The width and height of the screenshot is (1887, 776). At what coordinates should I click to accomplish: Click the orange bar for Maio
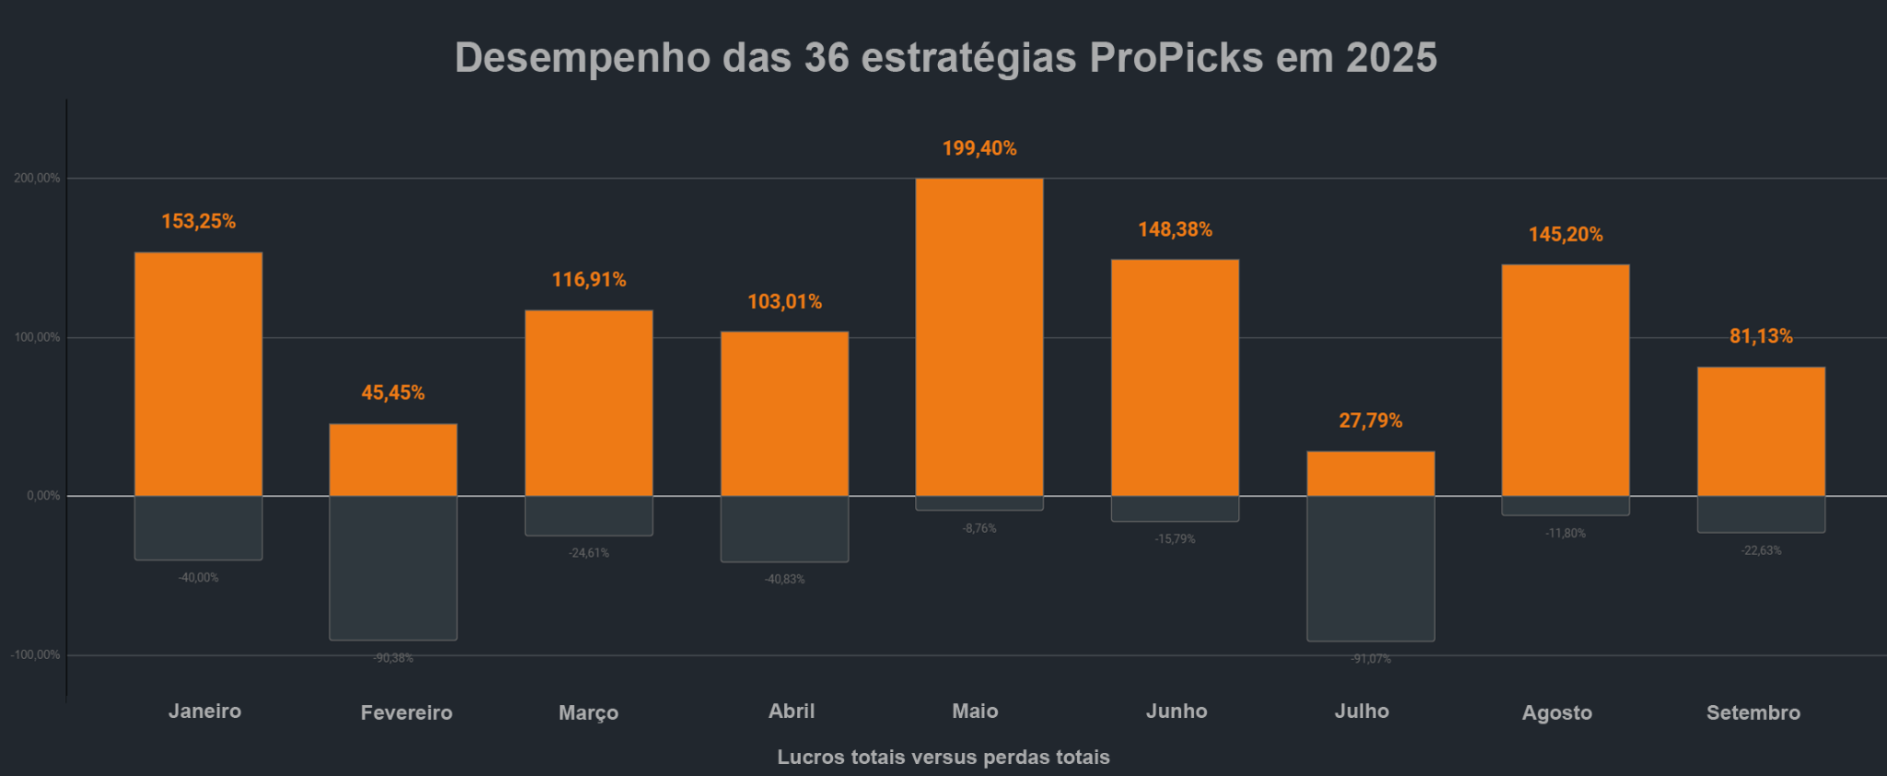tap(979, 336)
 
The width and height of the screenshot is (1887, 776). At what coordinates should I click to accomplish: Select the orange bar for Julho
tap(1370, 474)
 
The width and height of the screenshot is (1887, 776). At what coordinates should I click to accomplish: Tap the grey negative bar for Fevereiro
tap(393, 568)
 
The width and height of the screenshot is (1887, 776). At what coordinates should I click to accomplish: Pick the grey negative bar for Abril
tap(784, 529)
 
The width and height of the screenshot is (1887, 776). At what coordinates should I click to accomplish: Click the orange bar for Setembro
tap(1761, 431)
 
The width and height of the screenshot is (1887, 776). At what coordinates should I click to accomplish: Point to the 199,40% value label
tap(979, 148)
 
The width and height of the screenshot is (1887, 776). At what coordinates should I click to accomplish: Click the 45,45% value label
tap(393, 393)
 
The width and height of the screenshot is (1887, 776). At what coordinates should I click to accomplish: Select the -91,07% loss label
tap(1370, 659)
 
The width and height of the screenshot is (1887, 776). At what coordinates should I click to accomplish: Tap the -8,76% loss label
tap(979, 528)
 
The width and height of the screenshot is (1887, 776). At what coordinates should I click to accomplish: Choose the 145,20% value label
tap(1565, 234)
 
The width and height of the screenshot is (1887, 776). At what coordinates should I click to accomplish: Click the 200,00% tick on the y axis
tap(37, 178)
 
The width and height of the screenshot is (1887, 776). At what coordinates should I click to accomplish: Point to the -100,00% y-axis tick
tap(35, 654)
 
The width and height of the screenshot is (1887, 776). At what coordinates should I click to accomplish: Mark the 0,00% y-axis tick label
tap(43, 496)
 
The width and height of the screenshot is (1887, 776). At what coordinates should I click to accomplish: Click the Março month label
tap(588, 712)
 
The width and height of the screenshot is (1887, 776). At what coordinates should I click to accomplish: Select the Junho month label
tap(1177, 711)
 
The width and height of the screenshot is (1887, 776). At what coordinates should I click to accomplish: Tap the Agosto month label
tap(1556, 712)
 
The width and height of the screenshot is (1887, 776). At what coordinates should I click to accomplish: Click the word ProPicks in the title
tap(1176, 57)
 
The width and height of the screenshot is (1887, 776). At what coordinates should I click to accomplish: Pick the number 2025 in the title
tap(1390, 57)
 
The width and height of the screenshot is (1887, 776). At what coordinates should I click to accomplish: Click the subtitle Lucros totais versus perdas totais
tap(943, 757)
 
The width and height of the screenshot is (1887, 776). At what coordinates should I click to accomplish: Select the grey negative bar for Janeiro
tap(198, 528)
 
